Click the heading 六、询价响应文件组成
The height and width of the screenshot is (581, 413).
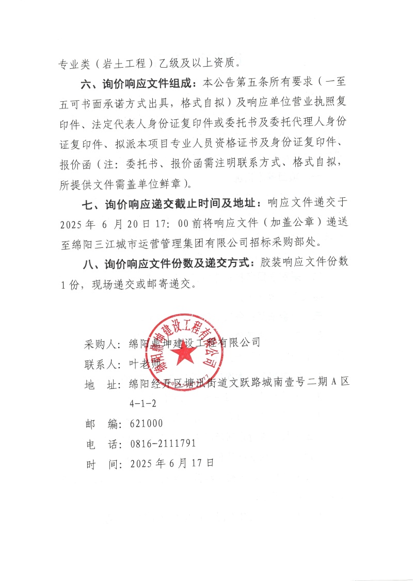point(138,84)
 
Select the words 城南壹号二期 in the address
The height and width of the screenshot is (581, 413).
point(299,383)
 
